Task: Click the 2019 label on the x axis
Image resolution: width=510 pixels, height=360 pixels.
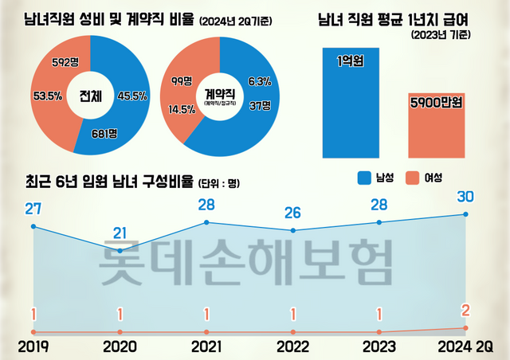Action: click(x=33, y=346)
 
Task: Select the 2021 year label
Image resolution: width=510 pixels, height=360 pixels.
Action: click(x=206, y=346)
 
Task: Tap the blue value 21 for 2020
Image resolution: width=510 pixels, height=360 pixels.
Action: click(x=120, y=233)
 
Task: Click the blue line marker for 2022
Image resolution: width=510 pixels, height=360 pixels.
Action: click(x=293, y=231)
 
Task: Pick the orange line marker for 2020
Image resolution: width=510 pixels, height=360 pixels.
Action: click(x=120, y=331)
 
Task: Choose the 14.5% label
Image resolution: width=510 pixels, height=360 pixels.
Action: click(x=182, y=110)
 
